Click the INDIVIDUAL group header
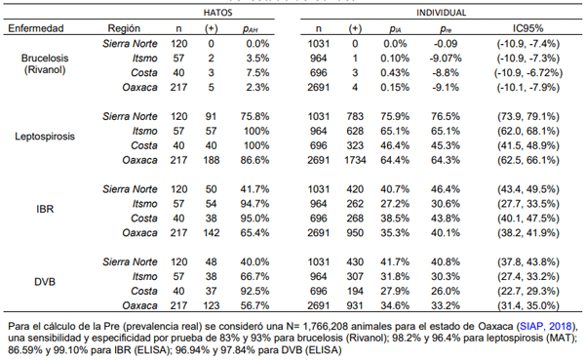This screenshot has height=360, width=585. click(x=442, y=13)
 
